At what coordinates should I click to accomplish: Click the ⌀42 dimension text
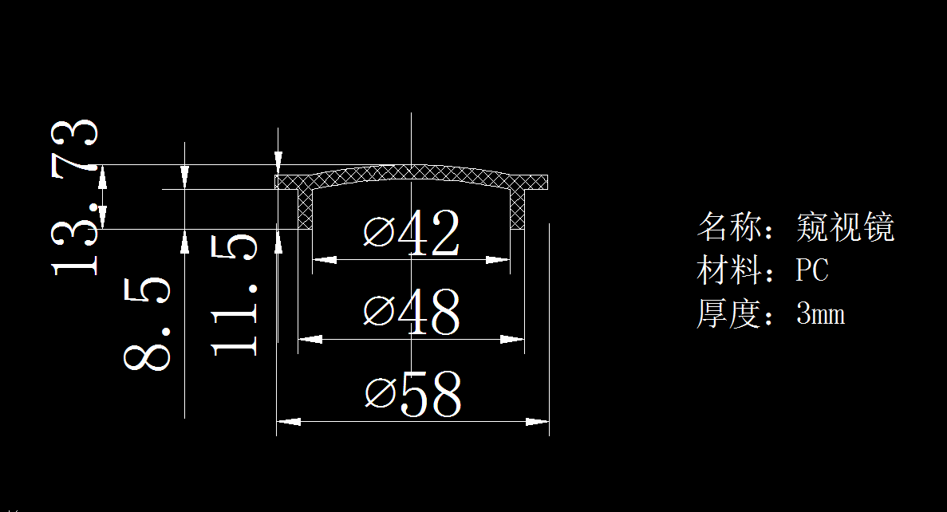pos(412,234)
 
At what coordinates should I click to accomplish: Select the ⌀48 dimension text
pos(412,312)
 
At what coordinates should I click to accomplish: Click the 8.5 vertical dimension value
pos(148,323)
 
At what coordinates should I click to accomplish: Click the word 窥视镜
pos(845,227)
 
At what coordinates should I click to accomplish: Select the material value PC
pos(812,270)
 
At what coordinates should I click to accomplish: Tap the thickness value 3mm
pos(820,314)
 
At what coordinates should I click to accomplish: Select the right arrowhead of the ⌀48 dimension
pos(514,340)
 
